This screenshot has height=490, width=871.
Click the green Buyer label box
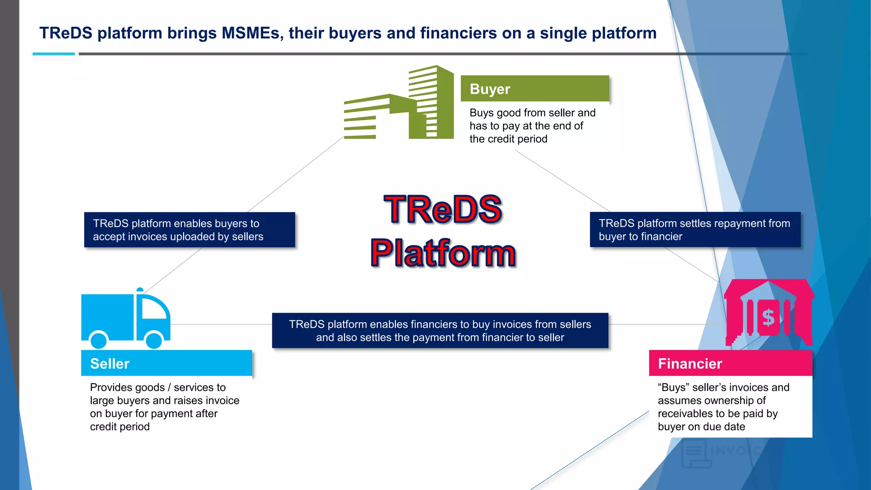[x=535, y=88]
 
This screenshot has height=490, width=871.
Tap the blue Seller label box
[x=166, y=363]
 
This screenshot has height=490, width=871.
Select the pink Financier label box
[x=730, y=363]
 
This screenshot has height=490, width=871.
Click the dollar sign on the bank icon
[x=768, y=317]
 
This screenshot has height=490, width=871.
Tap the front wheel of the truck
[x=154, y=340]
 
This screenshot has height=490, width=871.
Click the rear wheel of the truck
[x=99, y=340]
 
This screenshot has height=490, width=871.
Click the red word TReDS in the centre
[x=443, y=209]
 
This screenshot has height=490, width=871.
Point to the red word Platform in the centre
[x=443, y=253]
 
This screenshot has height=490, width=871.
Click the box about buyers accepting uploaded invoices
[x=189, y=230]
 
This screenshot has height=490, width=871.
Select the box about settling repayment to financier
[x=695, y=230]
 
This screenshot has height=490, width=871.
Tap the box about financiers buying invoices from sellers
[x=440, y=330]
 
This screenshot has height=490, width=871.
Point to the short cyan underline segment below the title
[x=54, y=54]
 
